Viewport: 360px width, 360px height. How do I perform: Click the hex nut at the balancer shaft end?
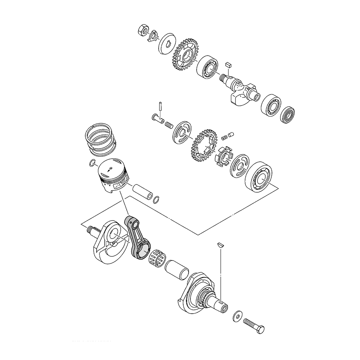point(142,30)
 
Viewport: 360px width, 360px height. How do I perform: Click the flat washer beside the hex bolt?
point(238,315)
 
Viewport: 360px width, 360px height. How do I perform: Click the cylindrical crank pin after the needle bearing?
point(176,270)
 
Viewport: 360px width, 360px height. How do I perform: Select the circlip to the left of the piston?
point(93,163)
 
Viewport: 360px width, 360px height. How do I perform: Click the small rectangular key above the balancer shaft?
point(227,65)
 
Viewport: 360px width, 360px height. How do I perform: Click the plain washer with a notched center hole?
point(167,42)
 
